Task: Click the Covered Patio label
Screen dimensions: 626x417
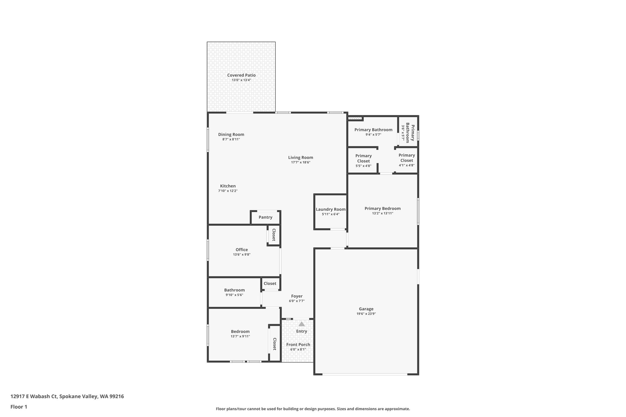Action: point(241,75)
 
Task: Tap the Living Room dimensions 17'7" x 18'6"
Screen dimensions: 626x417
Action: point(300,163)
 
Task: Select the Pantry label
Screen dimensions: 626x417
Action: point(265,217)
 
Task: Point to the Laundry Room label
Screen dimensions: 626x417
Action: point(330,209)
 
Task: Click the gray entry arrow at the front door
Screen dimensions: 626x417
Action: point(302,324)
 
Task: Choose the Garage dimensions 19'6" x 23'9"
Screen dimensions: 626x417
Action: point(366,314)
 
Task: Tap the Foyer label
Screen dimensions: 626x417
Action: point(297,296)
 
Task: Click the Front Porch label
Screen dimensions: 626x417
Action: point(298,345)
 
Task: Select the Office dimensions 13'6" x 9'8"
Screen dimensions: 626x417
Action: point(241,254)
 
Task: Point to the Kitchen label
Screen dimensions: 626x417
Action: point(228,186)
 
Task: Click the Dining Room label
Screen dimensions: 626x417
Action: point(231,134)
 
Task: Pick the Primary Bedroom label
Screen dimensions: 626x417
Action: point(382,209)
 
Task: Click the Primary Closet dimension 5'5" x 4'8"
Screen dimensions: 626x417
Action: point(363,166)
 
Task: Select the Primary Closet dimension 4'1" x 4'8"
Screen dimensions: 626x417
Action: point(407,165)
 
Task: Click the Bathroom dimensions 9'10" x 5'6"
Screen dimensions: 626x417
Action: point(234,295)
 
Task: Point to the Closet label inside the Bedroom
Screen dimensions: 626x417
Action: point(274,344)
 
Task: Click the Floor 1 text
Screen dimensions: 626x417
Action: point(19,407)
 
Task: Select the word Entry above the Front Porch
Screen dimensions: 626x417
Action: point(301,331)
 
